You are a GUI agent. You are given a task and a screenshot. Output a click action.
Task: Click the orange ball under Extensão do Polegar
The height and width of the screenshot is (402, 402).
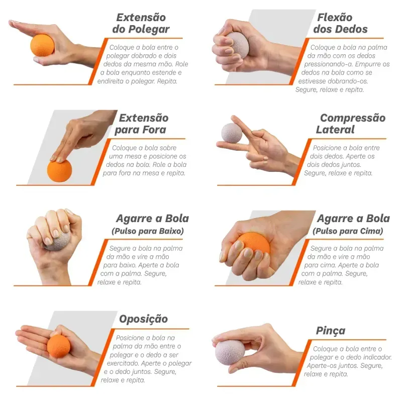coord(42,45)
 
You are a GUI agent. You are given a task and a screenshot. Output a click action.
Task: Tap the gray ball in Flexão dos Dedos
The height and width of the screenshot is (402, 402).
coord(237,45)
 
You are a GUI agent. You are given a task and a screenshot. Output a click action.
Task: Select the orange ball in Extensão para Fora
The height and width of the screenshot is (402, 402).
coord(59,170)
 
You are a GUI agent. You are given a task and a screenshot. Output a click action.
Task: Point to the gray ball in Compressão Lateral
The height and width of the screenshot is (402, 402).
coord(232,133)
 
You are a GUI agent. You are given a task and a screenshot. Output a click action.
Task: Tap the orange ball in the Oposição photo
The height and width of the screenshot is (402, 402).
coord(58,346)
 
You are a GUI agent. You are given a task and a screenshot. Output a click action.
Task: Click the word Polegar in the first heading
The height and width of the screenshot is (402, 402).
coord(149,29)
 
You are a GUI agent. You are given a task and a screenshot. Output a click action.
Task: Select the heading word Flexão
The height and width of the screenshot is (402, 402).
coord(335,18)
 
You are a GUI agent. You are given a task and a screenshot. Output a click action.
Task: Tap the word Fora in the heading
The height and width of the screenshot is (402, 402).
coord(154,130)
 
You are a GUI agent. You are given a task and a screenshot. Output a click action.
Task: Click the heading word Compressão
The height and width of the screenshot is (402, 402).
coord(353,118)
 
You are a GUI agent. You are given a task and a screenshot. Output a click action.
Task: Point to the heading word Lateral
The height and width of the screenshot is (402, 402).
coord(335,130)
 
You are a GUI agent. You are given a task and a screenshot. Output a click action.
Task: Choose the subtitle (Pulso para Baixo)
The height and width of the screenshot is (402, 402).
coord(148,231)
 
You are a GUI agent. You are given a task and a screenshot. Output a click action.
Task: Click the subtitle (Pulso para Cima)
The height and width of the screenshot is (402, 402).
coord(348,231)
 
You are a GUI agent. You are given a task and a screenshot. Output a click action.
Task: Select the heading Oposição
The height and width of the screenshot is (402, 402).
coord(143,319)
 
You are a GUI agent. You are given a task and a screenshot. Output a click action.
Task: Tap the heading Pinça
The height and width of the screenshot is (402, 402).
coord(331,331)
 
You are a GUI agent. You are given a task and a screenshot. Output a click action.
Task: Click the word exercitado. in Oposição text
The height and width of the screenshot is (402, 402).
coord(123,363)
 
